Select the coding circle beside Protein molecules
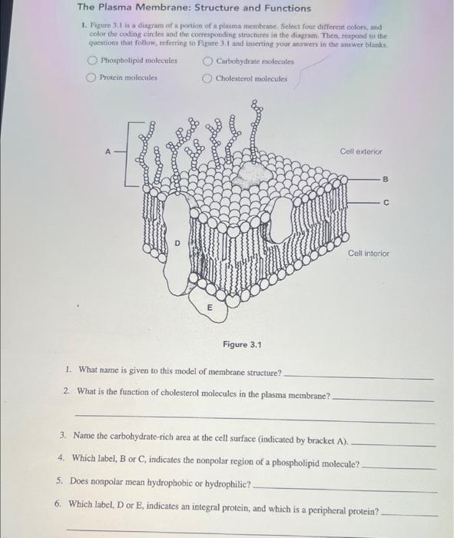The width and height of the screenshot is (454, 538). click(x=91, y=78)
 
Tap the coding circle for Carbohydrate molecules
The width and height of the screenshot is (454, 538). click(x=207, y=61)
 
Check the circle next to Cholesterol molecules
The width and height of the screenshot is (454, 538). click(x=207, y=78)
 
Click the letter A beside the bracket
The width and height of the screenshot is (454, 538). click(x=109, y=152)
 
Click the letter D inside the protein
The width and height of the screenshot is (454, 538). click(x=177, y=243)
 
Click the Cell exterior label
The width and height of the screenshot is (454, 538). click(x=360, y=152)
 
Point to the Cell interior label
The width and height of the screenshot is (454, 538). click(x=368, y=253)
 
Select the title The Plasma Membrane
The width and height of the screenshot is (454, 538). click(x=194, y=8)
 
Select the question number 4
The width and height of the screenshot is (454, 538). click(x=61, y=458)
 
